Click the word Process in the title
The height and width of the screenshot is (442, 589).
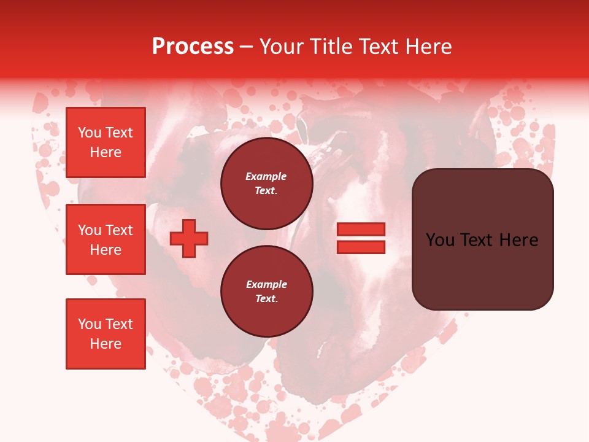point(193,47)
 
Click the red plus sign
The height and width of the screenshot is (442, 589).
point(189,238)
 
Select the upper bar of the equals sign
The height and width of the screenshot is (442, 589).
point(361,230)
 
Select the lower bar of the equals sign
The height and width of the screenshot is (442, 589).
point(361,247)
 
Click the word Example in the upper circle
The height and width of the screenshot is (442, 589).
point(266,176)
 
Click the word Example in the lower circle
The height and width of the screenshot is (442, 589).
point(266,284)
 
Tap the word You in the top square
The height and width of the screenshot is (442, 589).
point(90,133)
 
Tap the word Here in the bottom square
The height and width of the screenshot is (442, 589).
point(106,344)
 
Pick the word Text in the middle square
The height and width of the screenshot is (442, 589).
point(118,230)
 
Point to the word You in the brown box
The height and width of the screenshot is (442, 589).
point(441,240)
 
